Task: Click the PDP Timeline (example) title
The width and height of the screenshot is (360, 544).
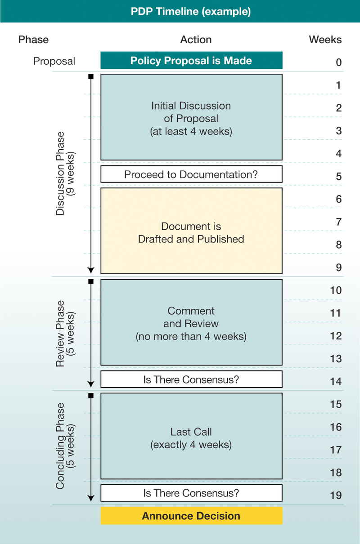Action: coord(191,11)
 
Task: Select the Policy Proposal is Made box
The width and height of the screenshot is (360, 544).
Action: coord(191,61)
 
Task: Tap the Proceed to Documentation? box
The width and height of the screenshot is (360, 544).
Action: coord(191,174)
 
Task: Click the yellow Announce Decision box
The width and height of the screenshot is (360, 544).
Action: coord(191,516)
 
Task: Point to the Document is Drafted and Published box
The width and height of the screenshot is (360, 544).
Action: coord(191,232)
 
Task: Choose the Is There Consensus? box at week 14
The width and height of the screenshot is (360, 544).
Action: coord(191,379)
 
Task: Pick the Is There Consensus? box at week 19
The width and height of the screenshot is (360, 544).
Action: coord(191,493)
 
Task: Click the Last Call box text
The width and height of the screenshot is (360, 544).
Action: coord(191,438)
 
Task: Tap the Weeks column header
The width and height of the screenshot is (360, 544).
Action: coord(325,40)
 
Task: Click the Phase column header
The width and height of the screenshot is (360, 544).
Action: coord(33,40)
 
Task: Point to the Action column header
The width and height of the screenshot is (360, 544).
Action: coord(196,40)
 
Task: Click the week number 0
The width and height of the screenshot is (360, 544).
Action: coord(338,62)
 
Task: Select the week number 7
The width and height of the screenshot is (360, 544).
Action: coord(338,222)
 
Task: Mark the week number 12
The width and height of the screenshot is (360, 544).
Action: coord(336,336)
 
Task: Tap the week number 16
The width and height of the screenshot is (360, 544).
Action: coord(336,427)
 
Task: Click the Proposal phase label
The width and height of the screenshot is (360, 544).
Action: coord(54,61)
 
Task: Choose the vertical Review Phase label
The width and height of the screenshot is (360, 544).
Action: coord(65,334)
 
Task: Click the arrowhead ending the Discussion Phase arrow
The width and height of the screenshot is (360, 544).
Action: coord(91,270)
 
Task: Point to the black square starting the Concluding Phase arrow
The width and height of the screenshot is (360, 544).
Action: coord(91,396)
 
